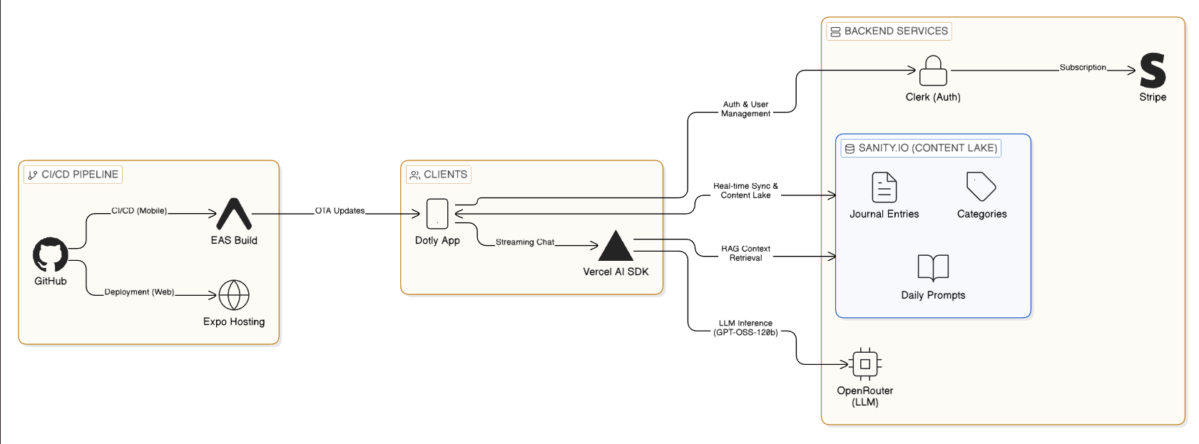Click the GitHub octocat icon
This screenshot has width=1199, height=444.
point(51,254)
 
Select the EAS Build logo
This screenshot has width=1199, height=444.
point(234,214)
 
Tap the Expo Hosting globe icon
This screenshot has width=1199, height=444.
point(234,295)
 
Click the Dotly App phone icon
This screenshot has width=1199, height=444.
point(437,214)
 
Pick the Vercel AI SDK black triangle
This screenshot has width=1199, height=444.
point(616,246)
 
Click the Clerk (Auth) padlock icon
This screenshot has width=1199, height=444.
point(933,71)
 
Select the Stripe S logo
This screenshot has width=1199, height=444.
point(1153,71)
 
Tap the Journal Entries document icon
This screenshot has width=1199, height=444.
point(884,187)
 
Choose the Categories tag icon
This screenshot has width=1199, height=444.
point(981,187)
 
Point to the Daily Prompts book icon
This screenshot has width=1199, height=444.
point(933,268)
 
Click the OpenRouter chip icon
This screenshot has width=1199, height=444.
point(865,364)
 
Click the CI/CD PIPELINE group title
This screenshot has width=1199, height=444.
point(73,175)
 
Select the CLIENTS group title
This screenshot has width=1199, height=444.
point(439,175)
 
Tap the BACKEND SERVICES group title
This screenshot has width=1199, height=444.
point(889,31)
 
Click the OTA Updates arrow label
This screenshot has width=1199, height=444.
point(340,211)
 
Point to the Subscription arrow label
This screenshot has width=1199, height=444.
point(1083,68)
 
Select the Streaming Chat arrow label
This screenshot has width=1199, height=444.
point(525,242)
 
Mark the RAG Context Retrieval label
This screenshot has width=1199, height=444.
point(745,254)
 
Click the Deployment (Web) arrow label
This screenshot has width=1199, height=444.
point(139,292)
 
